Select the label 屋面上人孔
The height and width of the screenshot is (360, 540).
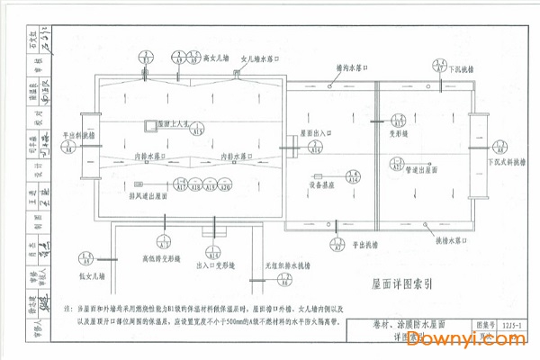tap(170, 123)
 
